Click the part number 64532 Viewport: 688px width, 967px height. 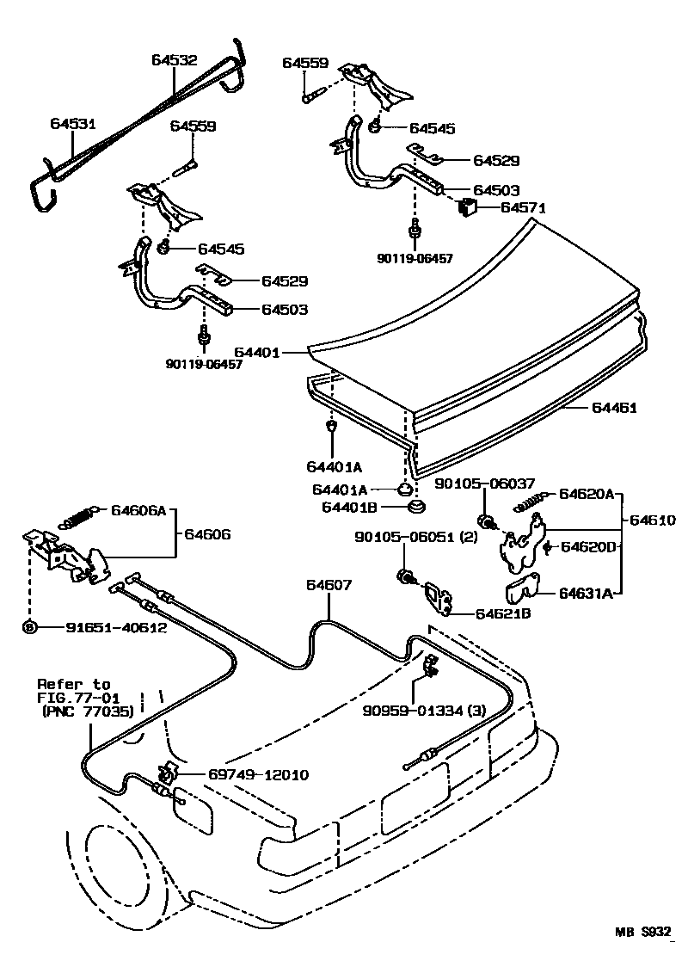(x=174, y=60)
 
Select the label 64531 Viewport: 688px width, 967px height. (x=71, y=124)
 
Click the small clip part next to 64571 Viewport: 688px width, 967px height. (x=468, y=206)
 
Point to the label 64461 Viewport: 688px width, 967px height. (x=614, y=408)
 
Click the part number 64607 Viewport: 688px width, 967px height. (x=329, y=585)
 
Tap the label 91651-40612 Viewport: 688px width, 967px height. (x=116, y=627)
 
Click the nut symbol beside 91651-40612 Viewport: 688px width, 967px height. (x=30, y=627)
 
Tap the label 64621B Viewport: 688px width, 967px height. (x=502, y=613)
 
